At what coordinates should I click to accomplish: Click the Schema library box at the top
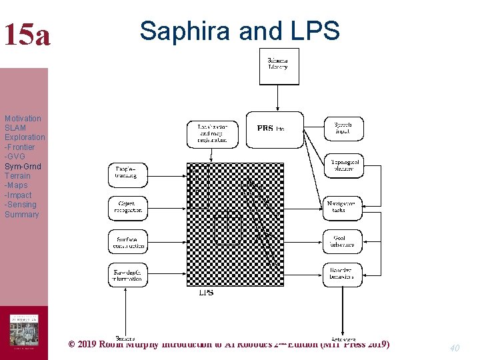coord(279,66)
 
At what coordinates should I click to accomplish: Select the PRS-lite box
coord(270,129)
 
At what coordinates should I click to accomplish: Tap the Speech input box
coord(344,129)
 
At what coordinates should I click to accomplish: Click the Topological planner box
coord(344,166)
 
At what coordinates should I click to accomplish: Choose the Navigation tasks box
coord(344,206)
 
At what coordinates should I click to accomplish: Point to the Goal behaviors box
coord(344,241)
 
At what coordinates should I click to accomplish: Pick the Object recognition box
coord(127,208)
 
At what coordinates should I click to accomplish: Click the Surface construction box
coord(127,241)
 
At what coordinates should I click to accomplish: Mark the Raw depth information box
coord(127,275)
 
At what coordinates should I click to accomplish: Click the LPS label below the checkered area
coord(206,293)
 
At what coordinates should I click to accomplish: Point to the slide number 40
coord(455,347)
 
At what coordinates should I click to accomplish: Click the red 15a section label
coord(26,35)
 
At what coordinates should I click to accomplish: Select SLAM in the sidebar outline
coord(15,128)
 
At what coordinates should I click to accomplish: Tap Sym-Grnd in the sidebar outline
coord(23,166)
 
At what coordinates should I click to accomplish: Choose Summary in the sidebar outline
coord(22,215)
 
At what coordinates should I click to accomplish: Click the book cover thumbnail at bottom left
coord(24,330)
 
